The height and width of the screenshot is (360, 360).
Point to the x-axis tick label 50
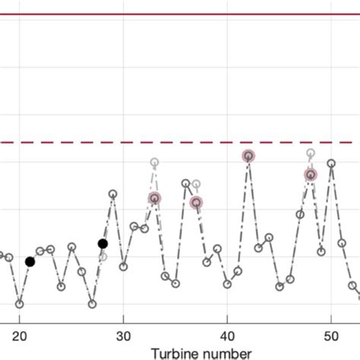[x=331, y=336]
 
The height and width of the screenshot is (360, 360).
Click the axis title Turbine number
[x=201, y=352]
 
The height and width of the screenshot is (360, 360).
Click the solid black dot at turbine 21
[x=30, y=262]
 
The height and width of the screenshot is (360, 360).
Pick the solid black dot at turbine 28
[x=103, y=244]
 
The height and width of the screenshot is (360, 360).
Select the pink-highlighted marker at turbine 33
[x=154, y=198]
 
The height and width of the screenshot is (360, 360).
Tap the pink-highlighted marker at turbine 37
[x=196, y=202]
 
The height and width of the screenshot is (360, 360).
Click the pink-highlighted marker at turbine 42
[x=248, y=156]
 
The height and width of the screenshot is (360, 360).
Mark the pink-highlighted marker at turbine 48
[x=310, y=175]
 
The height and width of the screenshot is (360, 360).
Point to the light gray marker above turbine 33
[x=154, y=162]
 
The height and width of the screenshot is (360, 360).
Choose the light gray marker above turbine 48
[x=310, y=153]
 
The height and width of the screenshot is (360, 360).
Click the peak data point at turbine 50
[x=331, y=163]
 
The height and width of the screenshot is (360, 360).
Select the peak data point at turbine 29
[x=113, y=194]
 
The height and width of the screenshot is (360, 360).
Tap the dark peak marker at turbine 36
[x=185, y=183]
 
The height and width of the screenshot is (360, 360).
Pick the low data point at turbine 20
[x=20, y=304]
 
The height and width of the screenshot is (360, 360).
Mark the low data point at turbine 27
[x=92, y=304]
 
